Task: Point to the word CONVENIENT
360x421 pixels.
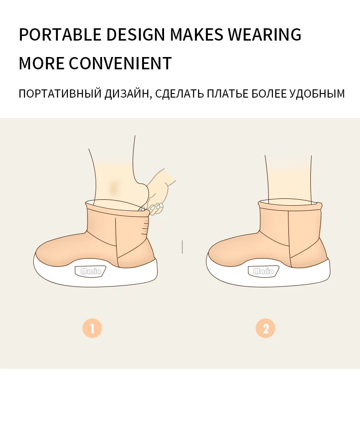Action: click(120, 63)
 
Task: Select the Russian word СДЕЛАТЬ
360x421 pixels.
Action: click(180, 94)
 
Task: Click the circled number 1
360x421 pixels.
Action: click(92, 328)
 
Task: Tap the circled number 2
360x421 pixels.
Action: click(266, 328)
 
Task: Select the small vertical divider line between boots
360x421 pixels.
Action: click(182, 247)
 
